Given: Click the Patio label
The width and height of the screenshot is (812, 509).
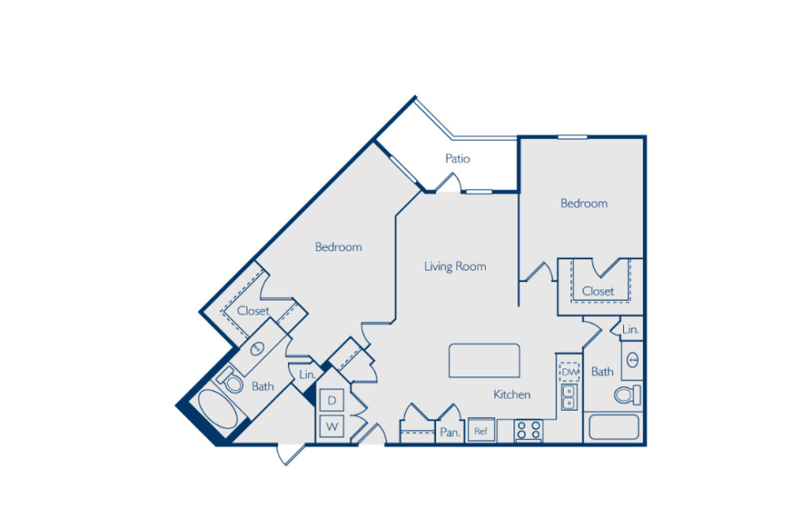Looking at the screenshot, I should (457, 159).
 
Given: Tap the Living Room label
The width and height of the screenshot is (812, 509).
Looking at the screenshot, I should (455, 266).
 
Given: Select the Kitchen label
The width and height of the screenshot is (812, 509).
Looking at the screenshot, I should (512, 394).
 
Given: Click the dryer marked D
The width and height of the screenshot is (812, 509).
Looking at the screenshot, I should (332, 401).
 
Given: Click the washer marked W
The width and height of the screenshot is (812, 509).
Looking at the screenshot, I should (332, 426).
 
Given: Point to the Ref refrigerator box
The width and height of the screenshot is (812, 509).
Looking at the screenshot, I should (481, 431).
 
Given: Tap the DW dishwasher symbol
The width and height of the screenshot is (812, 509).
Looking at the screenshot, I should (569, 372).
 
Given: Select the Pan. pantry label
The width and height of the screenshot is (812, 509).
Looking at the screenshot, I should (450, 433).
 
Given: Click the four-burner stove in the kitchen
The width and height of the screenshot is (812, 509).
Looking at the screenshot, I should (527, 430).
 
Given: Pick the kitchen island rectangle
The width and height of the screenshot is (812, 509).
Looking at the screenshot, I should (484, 360).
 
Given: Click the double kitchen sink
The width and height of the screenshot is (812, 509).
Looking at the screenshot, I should (569, 397).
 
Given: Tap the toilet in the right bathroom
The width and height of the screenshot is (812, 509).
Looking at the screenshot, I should (627, 395).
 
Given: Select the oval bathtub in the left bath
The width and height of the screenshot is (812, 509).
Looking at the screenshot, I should (217, 412).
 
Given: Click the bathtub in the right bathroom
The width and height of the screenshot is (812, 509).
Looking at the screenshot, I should (613, 428).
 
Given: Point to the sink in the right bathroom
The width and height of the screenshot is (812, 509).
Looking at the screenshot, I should (632, 359).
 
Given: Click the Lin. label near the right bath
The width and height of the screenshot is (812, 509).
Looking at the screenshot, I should (630, 329).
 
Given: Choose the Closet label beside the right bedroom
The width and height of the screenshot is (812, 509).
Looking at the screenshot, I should (598, 290).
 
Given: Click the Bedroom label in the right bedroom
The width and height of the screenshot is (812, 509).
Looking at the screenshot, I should (583, 203).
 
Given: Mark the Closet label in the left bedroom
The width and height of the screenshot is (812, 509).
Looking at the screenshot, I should (253, 311).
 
